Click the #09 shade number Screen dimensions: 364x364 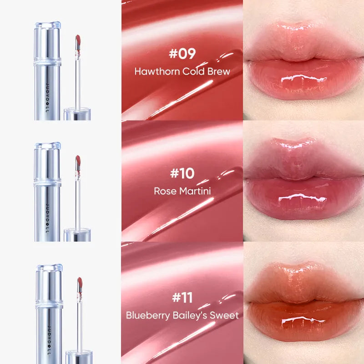pos(182,54)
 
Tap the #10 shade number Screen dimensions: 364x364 pos(182,173)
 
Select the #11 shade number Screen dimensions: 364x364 pos(182,298)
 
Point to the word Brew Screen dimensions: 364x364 pos(219,71)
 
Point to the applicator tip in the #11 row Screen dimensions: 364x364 pos(78,283)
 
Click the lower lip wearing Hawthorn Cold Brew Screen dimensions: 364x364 pos(303,82)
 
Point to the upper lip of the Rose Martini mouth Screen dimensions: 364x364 pos(303,157)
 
